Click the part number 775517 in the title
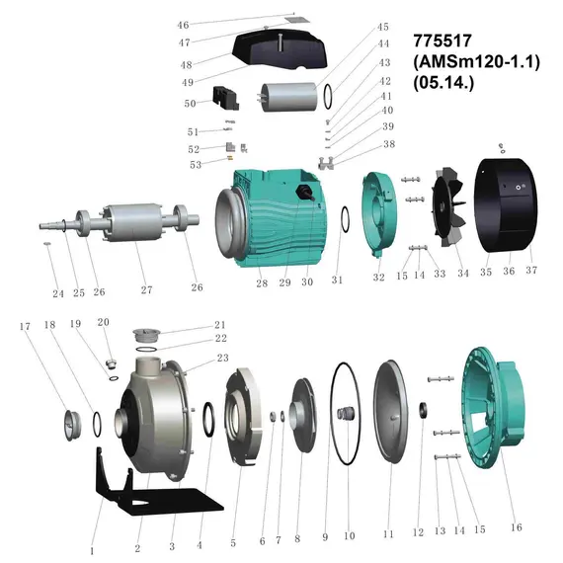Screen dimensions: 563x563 pos(442,40)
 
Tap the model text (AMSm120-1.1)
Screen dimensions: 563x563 pos(476,62)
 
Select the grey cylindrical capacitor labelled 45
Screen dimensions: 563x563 pos(289,97)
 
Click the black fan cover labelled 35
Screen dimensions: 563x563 pos(507,204)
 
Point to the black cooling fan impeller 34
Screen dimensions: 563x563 pos(448,206)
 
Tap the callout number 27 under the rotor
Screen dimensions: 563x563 pos(146,289)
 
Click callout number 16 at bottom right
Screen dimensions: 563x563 pos(517,527)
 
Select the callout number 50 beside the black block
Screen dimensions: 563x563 pos(190,104)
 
